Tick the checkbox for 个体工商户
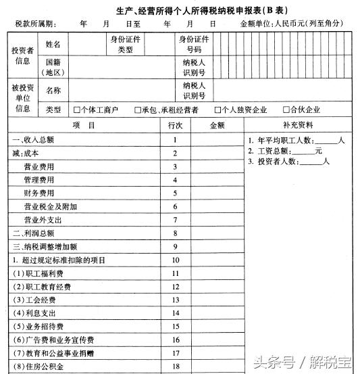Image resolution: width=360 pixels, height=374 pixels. (77, 110)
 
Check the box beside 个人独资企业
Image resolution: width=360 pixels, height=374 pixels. (218, 110)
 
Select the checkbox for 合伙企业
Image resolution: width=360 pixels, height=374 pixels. (286, 110)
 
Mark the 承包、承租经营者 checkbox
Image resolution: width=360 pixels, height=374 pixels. (138, 110)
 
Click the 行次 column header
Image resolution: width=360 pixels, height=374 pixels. (175, 125)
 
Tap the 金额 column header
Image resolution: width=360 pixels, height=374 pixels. (217, 125)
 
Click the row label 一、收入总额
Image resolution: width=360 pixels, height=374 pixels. (34, 140)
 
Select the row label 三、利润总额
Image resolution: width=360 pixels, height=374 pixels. (34, 233)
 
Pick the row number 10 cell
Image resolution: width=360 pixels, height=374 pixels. (175, 260)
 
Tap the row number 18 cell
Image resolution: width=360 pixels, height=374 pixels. (175, 367)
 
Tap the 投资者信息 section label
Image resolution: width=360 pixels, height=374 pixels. (22, 55)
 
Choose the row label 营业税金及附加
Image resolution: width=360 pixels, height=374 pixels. (50, 206)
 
